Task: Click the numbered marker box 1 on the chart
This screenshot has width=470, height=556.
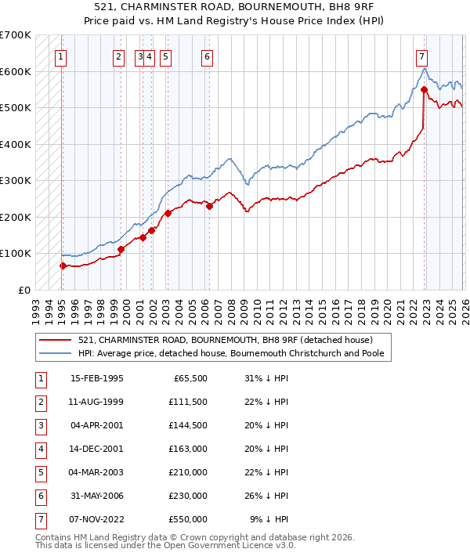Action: coord(61,56)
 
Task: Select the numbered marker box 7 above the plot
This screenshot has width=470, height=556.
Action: coord(421,56)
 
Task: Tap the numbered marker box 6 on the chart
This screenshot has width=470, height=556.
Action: coord(207,56)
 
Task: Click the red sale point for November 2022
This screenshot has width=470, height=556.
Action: coord(424,90)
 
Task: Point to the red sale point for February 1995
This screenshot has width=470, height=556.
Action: coord(63,266)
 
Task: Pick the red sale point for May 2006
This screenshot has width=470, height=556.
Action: coord(209,207)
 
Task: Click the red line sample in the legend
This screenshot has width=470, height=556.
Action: coord(56,340)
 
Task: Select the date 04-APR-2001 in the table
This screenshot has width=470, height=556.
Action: coord(96,427)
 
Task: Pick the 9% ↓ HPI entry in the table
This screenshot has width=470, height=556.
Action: coord(269,518)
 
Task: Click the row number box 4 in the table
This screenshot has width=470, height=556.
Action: coord(40,450)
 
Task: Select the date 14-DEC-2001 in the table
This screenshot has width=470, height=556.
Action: coord(96,450)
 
